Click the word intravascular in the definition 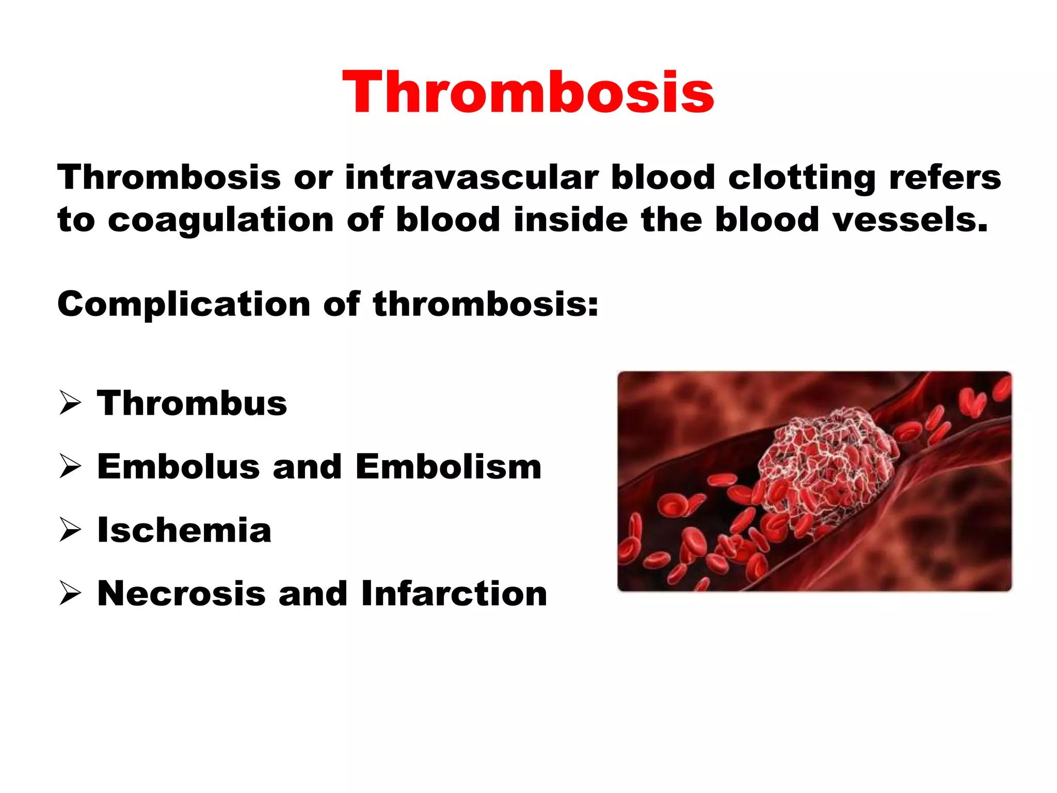(472, 177)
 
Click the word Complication (183, 305)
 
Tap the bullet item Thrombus (192, 403)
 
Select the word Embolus (179, 467)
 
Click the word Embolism (449, 467)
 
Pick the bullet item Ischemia (184, 530)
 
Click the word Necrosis (181, 594)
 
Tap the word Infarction (454, 594)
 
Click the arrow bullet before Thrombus (70, 403)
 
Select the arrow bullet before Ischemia (70, 530)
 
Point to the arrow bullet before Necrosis (70, 594)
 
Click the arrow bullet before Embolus (70, 467)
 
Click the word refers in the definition (944, 177)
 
